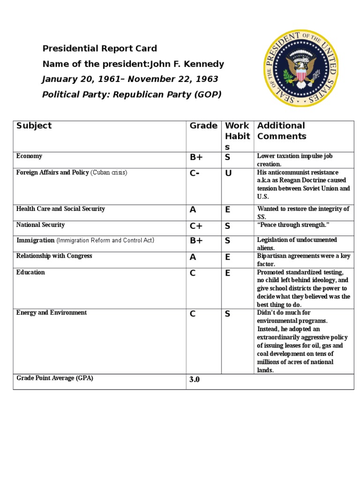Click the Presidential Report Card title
pos(99,49)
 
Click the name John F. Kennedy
pos(187,64)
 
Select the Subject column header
pos(34,126)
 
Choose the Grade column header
pos(203,126)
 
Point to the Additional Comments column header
pos(281,131)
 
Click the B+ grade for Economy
pos(196,157)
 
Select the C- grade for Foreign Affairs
pos(195,173)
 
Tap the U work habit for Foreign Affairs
pos(228,173)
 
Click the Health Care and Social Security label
pos(60,209)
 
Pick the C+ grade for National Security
pos(196,226)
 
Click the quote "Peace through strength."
pos(293,225)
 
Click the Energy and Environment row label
pos(51,313)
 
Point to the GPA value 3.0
pos(194,380)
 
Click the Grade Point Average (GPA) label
pos(54,378)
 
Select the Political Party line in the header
pos(131,95)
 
